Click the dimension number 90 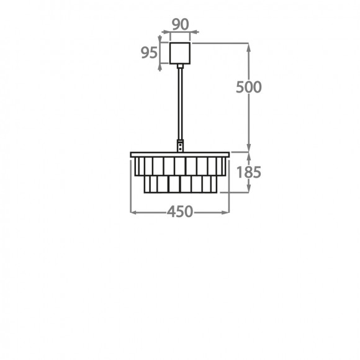[181, 24]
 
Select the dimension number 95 [149, 53]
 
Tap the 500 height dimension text [249, 87]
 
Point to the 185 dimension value [249, 172]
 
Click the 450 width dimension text [180, 212]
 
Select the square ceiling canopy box [180, 53]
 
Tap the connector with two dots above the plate [180, 146]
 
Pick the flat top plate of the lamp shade [180, 155]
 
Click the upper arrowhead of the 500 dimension [249, 47]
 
